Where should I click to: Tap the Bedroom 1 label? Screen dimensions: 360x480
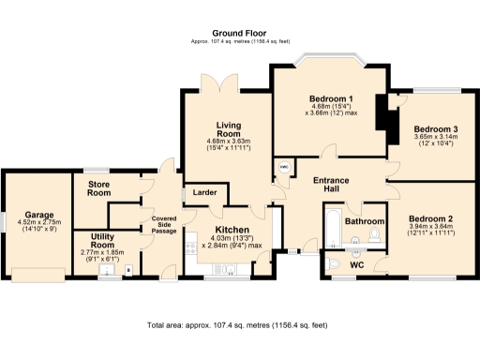330,98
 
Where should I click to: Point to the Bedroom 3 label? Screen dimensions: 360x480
436,127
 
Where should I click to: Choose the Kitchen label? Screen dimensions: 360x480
231,230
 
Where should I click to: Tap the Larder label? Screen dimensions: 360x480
204,192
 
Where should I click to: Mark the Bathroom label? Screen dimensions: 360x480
364,221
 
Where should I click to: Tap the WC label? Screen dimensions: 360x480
356,265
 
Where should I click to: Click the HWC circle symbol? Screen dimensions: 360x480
284,169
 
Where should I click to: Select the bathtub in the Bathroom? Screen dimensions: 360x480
333,231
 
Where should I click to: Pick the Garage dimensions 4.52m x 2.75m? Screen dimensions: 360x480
38,226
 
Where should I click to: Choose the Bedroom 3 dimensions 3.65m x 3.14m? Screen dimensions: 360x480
436,139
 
